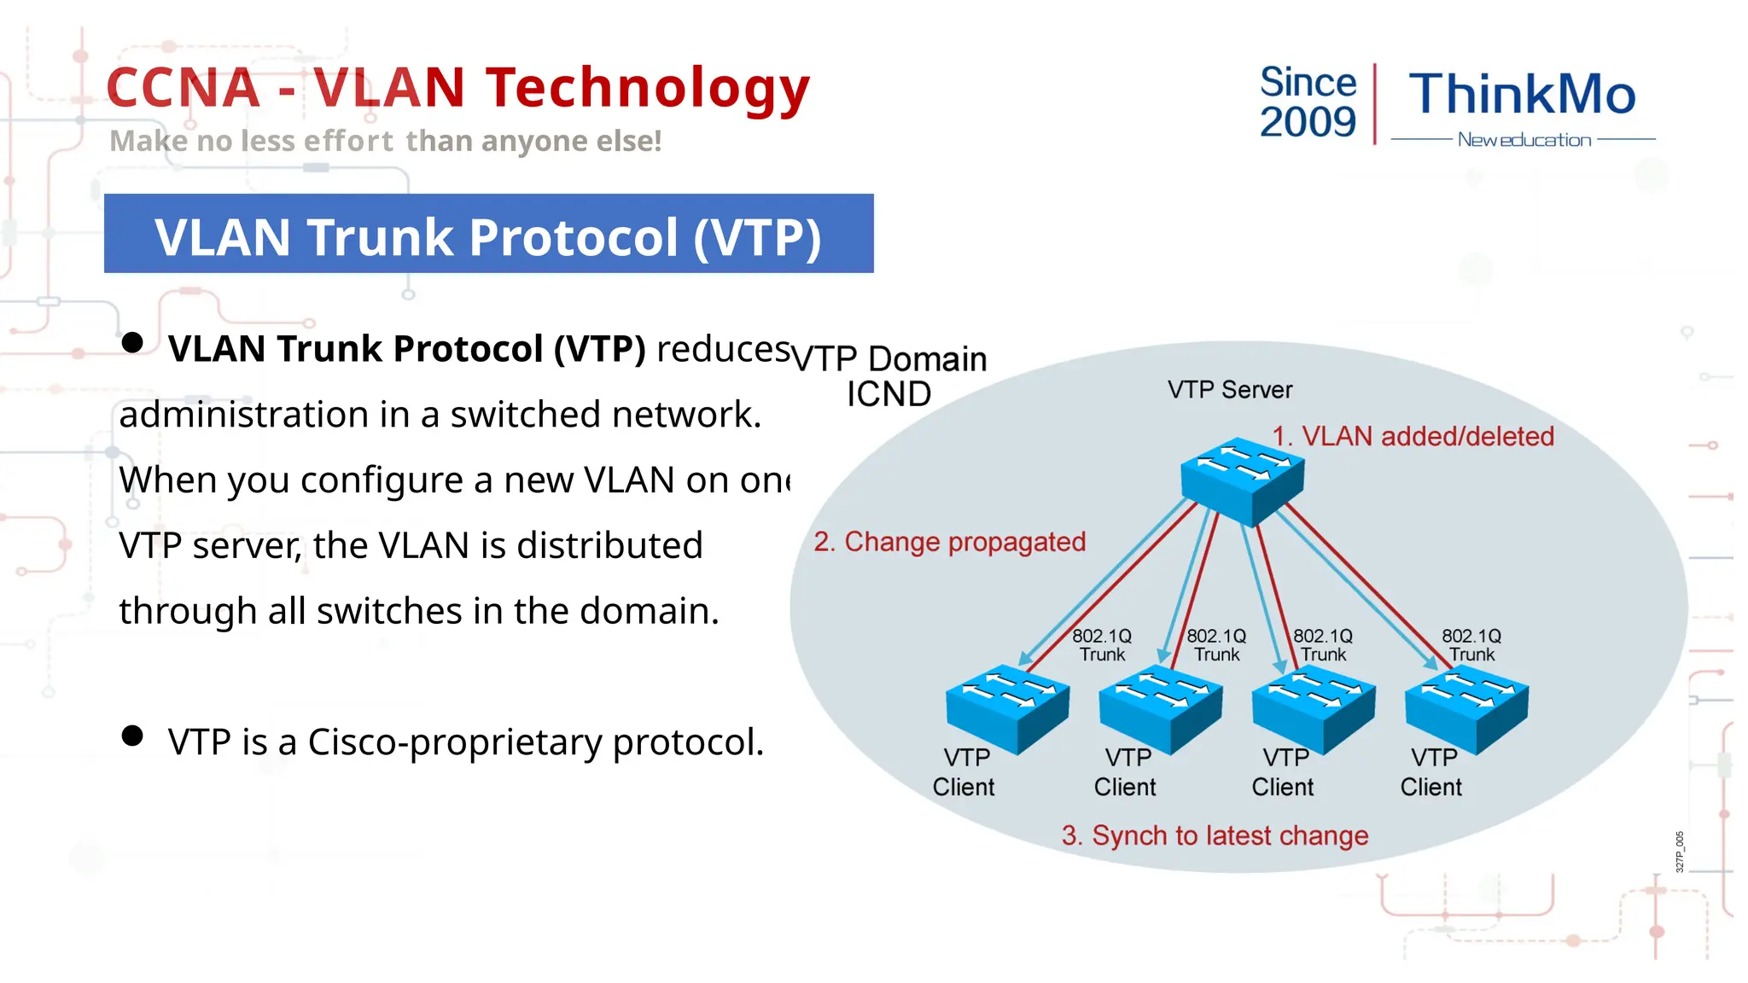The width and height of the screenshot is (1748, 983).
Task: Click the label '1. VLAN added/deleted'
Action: pos(1413,436)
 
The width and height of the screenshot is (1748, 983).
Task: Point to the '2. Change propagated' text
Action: pos(949,542)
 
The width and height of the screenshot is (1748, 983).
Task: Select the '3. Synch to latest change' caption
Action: pos(1215,835)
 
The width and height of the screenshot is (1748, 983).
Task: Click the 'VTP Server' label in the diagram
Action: pos(1230,390)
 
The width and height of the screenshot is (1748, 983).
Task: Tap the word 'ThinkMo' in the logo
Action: pos(1522,94)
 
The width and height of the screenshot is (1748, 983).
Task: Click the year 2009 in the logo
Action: pos(1308,122)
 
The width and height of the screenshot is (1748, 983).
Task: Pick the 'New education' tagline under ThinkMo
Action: pos(1524,140)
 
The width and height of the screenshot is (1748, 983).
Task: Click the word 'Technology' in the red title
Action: pos(648,88)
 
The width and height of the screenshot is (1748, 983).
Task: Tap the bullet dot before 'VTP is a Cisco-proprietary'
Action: pos(132,736)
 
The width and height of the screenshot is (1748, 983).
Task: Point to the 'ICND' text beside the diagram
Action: pos(889,394)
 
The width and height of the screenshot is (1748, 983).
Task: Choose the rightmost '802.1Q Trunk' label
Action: pos(1471,645)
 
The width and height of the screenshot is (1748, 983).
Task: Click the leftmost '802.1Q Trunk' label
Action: pos(1102,645)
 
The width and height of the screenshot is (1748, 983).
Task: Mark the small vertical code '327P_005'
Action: pos(1679,851)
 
